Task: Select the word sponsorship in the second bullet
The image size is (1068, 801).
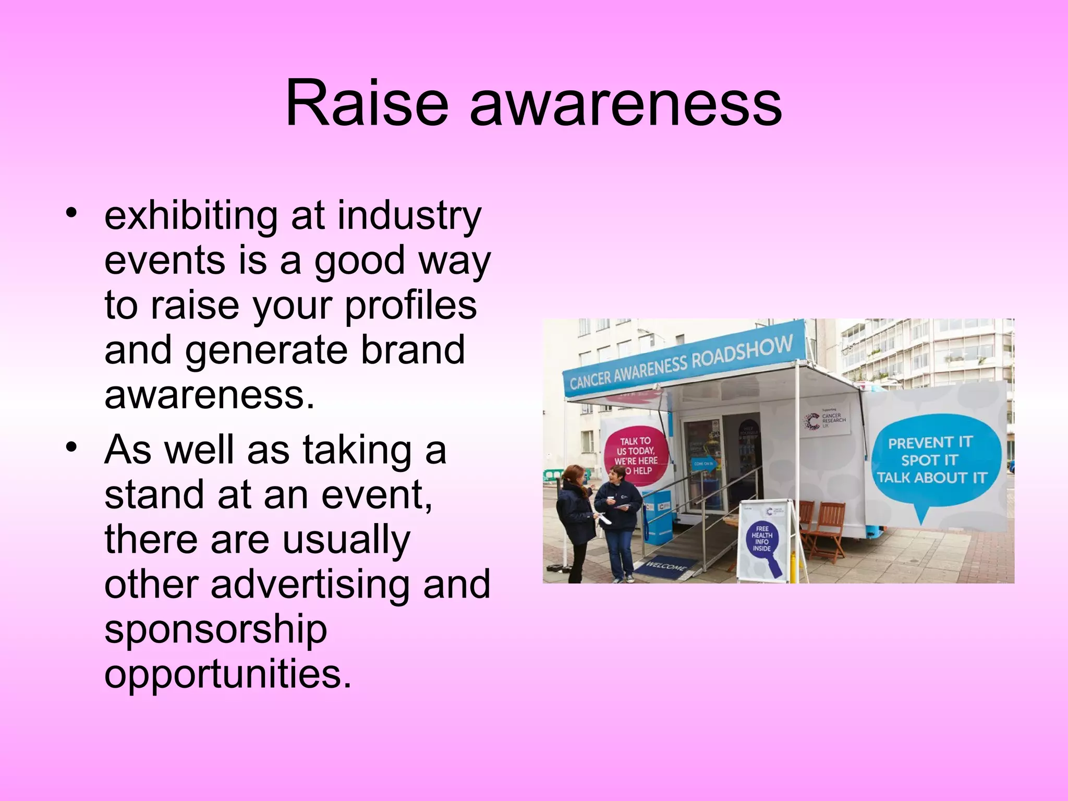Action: click(215, 630)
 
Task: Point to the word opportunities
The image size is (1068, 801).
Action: click(228, 674)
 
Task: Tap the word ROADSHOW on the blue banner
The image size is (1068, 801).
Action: click(743, 353)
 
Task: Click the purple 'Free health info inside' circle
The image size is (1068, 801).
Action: click(762, 540)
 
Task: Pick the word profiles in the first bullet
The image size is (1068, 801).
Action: click(410, 306)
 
